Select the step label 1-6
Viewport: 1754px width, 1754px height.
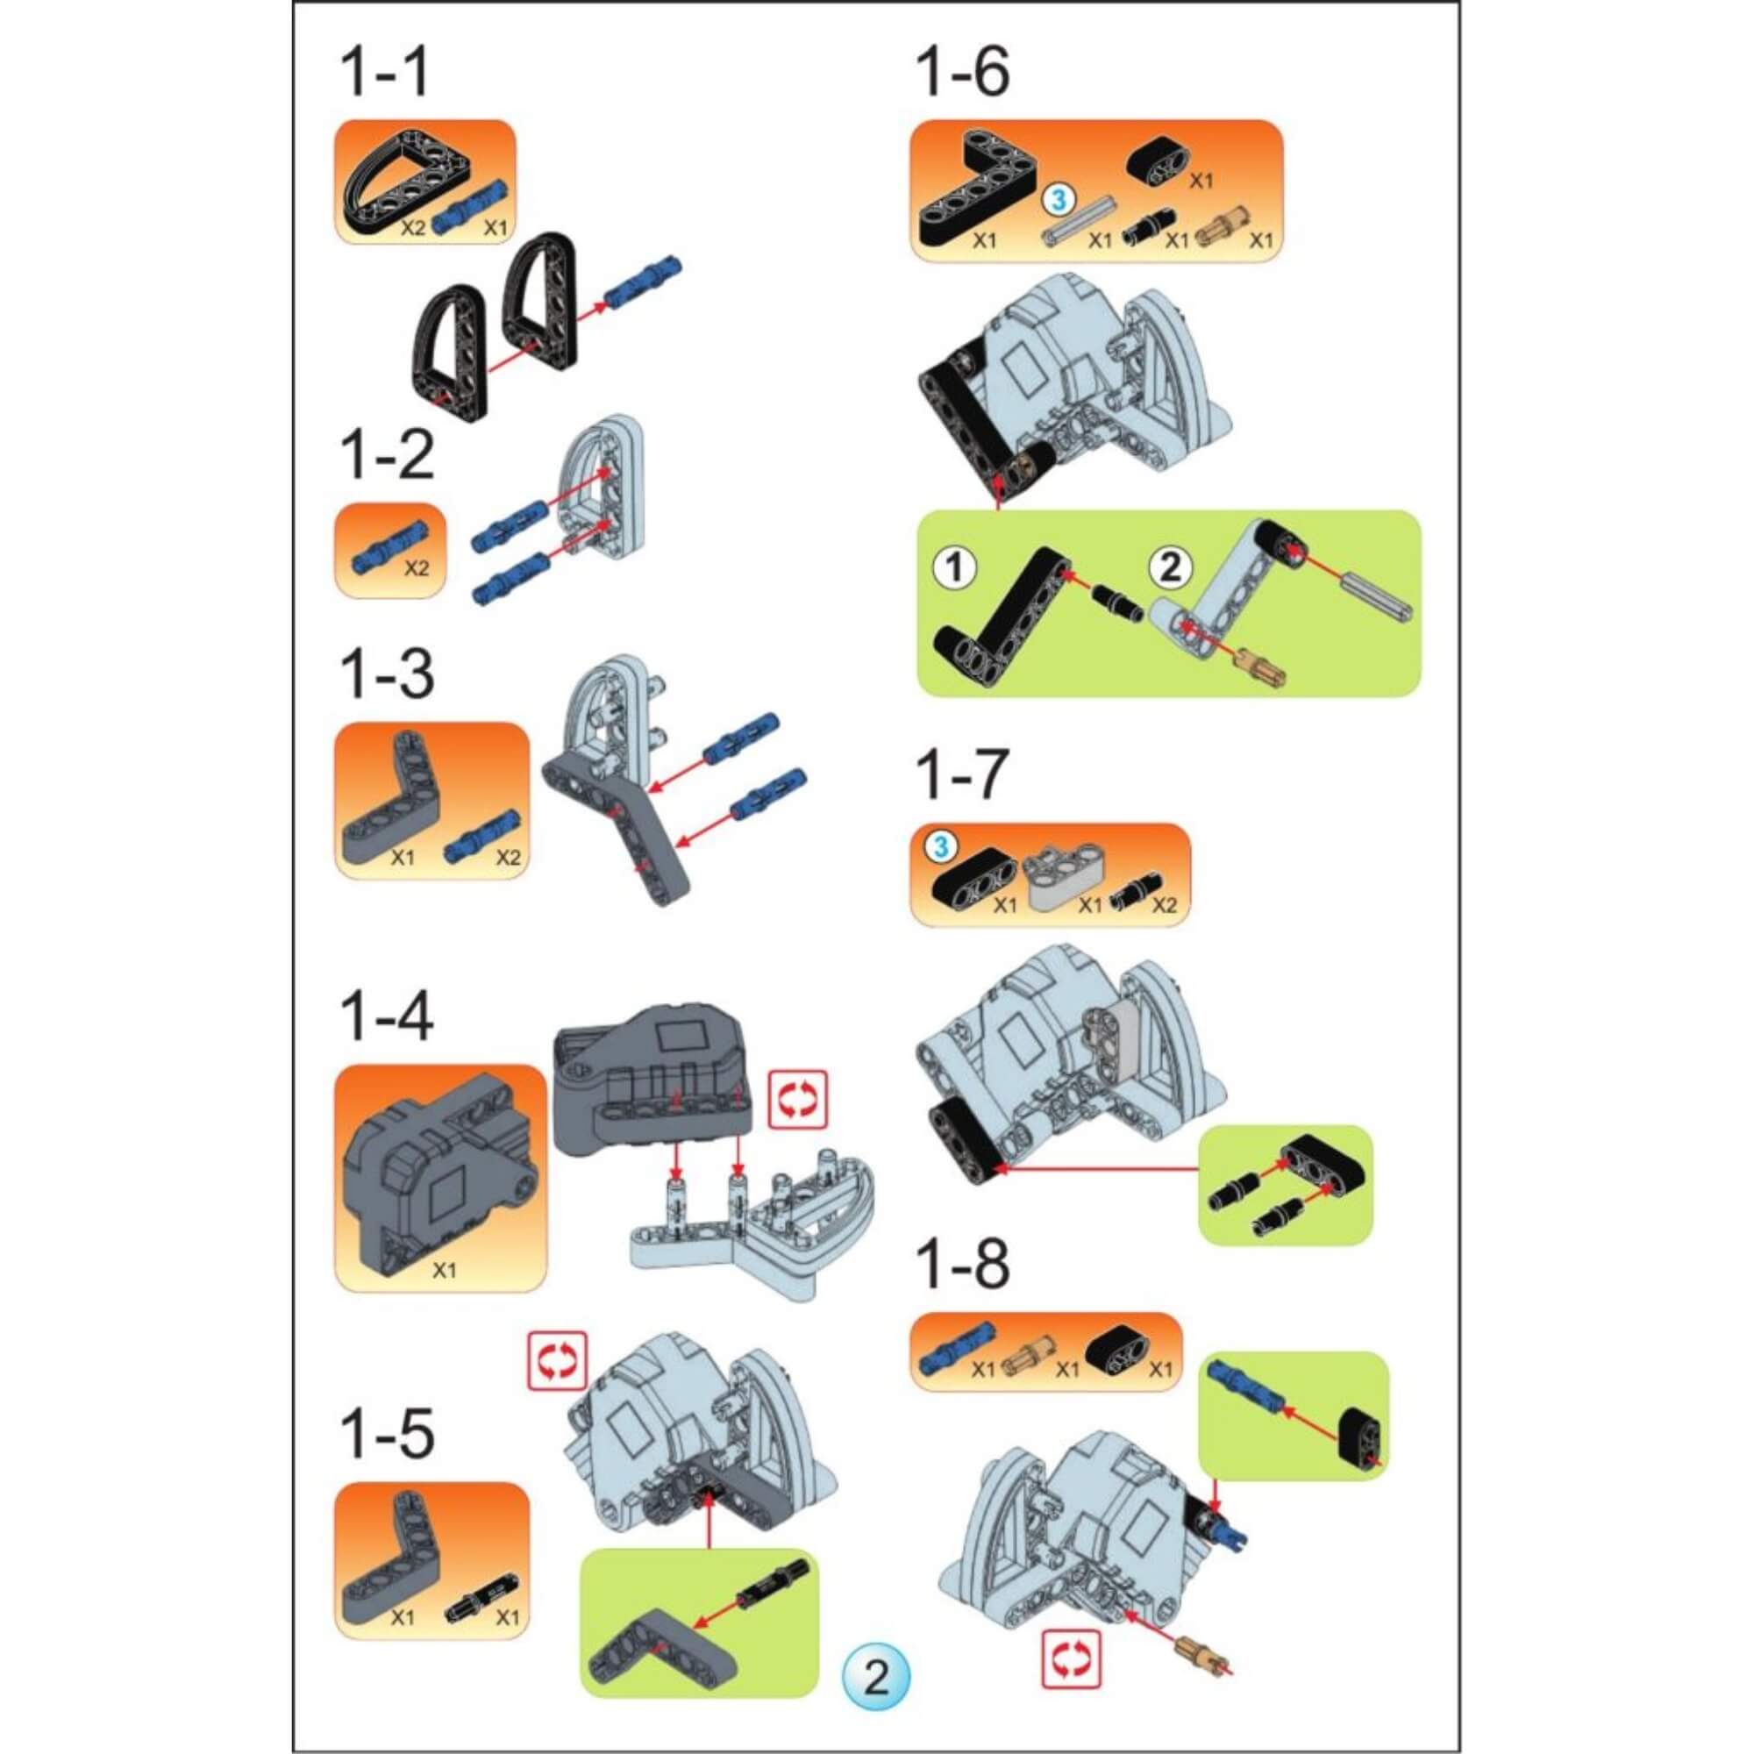[962, 74]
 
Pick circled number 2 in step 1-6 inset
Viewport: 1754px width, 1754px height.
[1169, 568]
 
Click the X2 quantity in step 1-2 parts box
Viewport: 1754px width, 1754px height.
[416, 569]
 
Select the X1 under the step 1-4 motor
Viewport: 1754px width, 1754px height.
[443, 1270]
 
